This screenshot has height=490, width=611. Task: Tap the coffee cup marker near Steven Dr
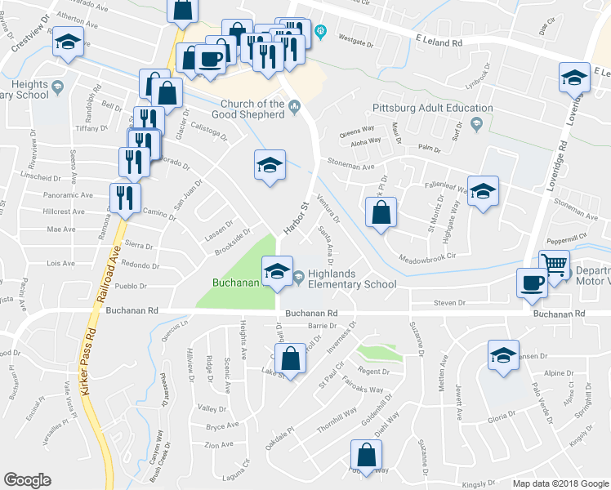(x=532, y=283)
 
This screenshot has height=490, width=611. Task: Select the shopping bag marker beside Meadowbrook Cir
(x=381, y=213)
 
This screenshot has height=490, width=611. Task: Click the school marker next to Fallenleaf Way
(x=483, y=192)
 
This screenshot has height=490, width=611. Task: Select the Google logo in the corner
(x=27, y=480)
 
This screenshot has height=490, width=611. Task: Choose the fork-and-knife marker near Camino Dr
(x=125, y=197)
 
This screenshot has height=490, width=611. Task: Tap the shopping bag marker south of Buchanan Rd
(x=291, y=358)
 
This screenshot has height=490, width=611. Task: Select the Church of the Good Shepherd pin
(x=293, y=105)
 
